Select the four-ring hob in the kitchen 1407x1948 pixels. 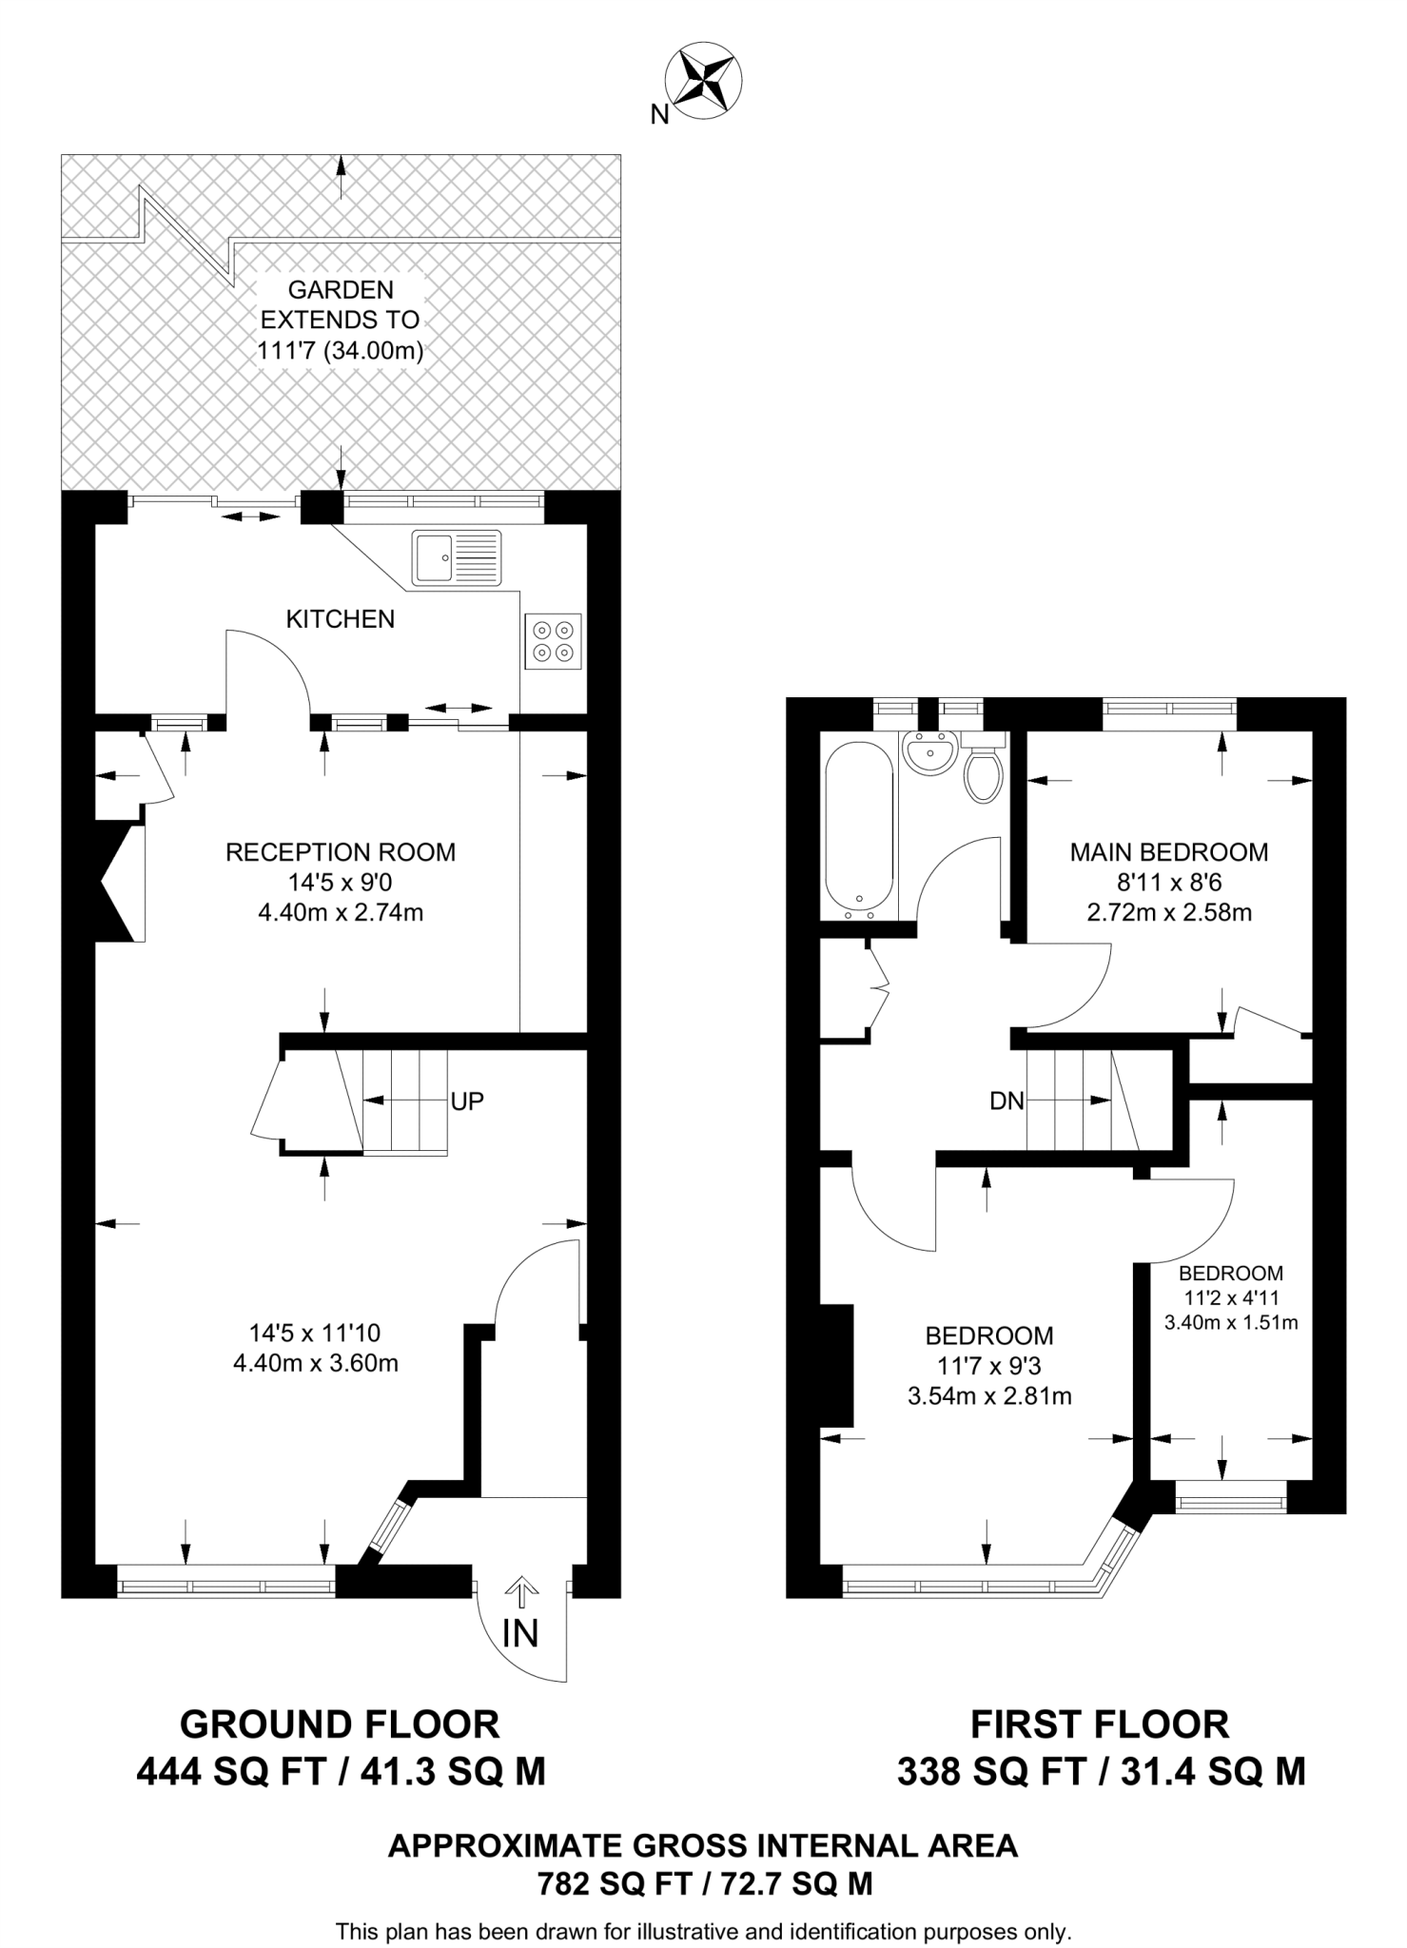point(553,641)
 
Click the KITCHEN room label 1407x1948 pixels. point(341,619)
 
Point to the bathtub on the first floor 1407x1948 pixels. point(858,830)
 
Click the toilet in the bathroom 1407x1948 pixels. point(983,771)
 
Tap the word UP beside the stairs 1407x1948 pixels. point(467,1101)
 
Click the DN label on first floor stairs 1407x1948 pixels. point(1006,1101)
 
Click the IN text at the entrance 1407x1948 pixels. point(520,1633)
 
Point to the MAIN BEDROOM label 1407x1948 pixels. point(1169,852)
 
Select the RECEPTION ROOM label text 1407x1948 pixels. point(341,852)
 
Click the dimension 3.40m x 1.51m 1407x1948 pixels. point(1231,1322)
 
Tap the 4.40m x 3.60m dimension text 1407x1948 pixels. point(315,1363)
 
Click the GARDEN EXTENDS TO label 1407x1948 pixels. point(341,304)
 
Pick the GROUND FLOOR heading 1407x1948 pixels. point(340,1724)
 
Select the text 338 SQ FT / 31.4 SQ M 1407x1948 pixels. point(1101,1772)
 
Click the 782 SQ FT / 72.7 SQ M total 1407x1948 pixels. point(704,1884)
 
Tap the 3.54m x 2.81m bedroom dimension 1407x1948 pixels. point(989,1396)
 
